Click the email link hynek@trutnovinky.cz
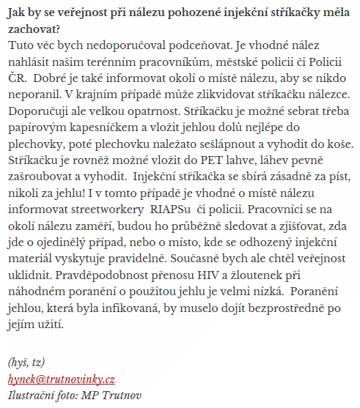coord(62,379)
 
